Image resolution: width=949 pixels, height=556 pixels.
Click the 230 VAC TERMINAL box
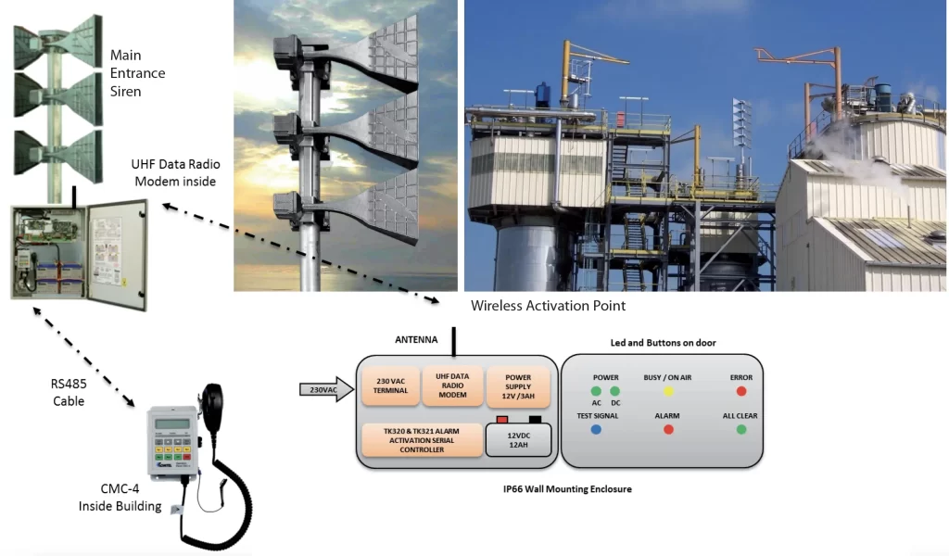tap(389, 385)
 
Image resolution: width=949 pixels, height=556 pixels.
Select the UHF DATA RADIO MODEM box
tap(452, 385)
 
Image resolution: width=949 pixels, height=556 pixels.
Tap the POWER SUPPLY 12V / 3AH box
tap(518, 385)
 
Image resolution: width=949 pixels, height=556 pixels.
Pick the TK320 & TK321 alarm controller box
tap(421, 439)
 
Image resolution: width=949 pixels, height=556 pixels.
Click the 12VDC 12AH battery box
tap(519, 441)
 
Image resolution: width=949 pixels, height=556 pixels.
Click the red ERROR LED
tap(741, 391)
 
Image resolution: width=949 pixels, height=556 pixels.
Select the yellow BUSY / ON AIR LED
tap(668, 391)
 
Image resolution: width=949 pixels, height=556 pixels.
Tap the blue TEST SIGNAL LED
tap(596, 430)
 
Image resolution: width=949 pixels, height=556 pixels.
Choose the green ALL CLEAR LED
tap(741, 430)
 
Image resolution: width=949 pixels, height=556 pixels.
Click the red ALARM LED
tap(668, 430)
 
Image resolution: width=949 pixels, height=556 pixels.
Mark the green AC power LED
tap(596, 391)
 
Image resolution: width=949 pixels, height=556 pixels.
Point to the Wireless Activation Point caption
tap(548, 306)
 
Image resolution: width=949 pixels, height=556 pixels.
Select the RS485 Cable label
tap(69, 392)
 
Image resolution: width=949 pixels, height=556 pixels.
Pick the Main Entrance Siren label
tap(137, 73)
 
